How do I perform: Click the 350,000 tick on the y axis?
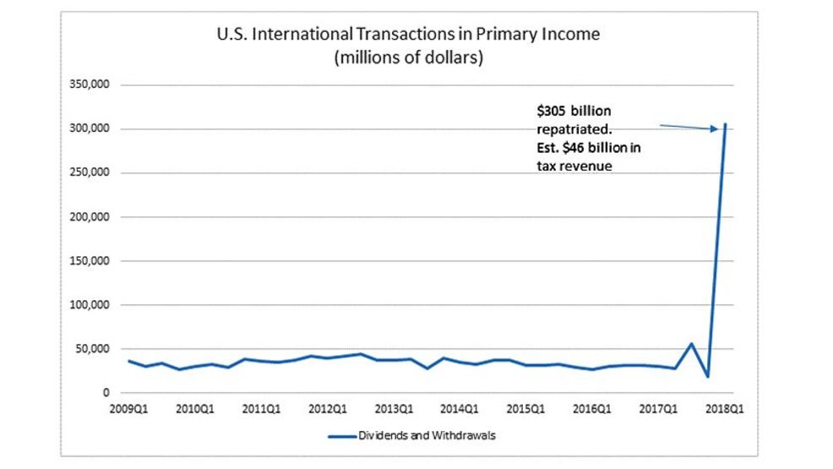(93, 85)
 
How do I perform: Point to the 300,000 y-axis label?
(93, 129)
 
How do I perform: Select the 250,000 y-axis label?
(93, 173)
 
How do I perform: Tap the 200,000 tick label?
(93, 217)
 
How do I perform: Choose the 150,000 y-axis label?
(93, 261)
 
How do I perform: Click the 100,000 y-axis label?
(93, 305)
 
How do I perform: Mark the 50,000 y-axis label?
(95, 349)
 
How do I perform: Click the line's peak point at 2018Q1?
(724, 125)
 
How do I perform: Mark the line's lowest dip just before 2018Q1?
(707, 377)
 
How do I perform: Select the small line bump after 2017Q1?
(691, 344)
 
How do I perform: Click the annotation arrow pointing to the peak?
(689, 127)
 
